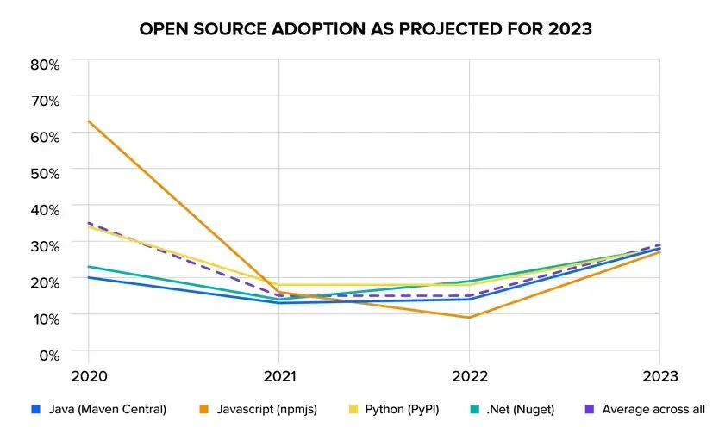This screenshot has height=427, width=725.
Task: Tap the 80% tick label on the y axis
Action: click(44, 64)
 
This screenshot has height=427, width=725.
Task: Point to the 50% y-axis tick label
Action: click(44, 172)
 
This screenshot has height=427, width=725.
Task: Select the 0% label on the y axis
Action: click(48, 353)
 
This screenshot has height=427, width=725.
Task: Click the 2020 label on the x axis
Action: click(88, 376)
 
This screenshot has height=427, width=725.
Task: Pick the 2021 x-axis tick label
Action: click(278, 376)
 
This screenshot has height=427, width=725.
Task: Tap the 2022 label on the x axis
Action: click(469, 376)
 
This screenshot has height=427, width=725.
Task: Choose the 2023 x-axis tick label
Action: click(659, 376)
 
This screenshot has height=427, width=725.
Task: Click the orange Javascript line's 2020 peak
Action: click(89, 121)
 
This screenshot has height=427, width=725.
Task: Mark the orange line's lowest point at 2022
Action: click(469, 318)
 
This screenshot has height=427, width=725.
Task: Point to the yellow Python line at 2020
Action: click(89, 226)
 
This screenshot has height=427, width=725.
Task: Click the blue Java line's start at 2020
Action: click(89, 277)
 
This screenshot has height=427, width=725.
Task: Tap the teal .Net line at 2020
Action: click(89, 266)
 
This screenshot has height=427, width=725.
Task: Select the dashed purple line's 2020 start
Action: click(89, 223)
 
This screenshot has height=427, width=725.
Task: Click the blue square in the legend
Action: click(34, 409)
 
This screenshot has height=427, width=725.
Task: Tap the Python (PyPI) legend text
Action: click(401, 409)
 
